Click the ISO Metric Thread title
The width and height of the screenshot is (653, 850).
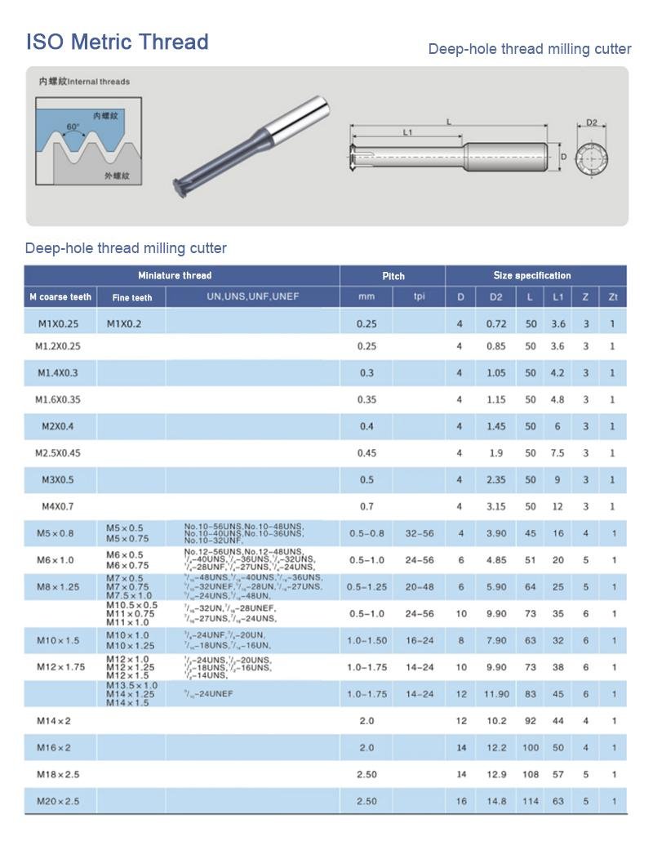tap(117, 42)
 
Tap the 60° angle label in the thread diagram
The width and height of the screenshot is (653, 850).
tap(73, 127)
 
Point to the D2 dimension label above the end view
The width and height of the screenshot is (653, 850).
tap(592, 123)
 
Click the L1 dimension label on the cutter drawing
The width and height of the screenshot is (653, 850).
tap(407, 131)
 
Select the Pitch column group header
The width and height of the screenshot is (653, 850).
tap(393, 276)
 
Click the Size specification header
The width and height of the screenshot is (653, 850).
tap(532, 276)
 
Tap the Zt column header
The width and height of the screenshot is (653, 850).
tap(612, 297)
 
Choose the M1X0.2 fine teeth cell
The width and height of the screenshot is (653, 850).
tap(124, 324)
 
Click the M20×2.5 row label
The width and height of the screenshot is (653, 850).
tap(59, 801)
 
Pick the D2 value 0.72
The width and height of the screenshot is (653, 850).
tap(496, 324)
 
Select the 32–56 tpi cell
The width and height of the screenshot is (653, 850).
tap(420, 533)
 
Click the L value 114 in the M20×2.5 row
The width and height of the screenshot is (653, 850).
tap(531, 801)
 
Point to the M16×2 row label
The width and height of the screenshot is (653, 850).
tap(54, 747)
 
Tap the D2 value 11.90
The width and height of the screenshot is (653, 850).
tap(496, 694)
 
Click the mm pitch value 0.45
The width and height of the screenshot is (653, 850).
tap(366, 453)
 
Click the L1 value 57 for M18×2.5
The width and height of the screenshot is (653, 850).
tap(557, 774)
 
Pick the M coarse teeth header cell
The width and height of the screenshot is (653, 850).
tap(60, 297)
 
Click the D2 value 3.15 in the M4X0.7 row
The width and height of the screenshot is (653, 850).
tap(496, 506)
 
